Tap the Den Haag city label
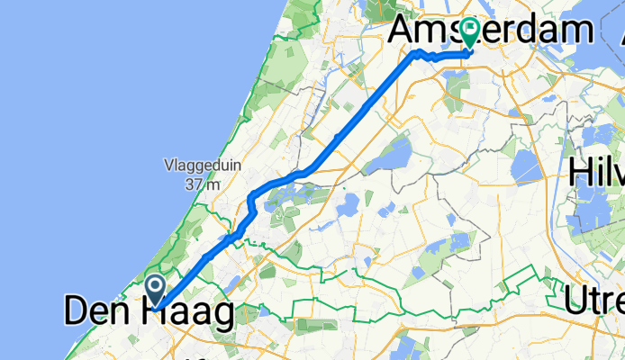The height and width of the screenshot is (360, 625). (149, 311)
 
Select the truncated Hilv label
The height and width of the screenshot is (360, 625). (596, 170)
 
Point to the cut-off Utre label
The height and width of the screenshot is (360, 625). (593, 299)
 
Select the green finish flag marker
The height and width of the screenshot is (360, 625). (469, 33)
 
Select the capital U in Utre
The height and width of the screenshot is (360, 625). (578, 299)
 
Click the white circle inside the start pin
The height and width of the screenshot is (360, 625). (155, 287)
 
